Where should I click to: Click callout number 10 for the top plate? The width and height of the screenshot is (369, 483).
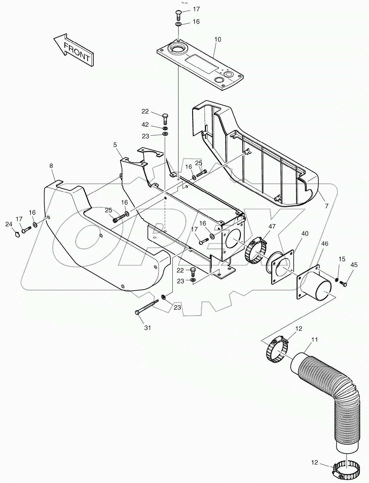click(x=218, y=40)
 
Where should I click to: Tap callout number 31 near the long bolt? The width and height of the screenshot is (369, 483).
click(x=147, y=328)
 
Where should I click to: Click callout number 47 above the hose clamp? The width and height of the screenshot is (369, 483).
click(x=271, y=226)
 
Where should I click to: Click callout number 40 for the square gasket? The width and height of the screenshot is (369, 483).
click(x=305, y=233)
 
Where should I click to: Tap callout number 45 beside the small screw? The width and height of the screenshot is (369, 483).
click(x=354, y=265)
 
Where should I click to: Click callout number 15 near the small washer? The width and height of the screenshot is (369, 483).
click(x=341, y=259)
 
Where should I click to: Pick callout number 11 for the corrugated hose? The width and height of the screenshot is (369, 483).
click(x=315, y=340)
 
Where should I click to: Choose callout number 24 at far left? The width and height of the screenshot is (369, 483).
click(x=8, y=224)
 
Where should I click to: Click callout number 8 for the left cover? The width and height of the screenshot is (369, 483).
click(x=51, y=166)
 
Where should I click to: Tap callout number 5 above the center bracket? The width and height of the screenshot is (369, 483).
click(x=115, y=145)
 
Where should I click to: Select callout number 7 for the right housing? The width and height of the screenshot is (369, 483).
click(x=326, y=207)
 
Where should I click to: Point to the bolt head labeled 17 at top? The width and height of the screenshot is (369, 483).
click(x=178, y=13)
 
